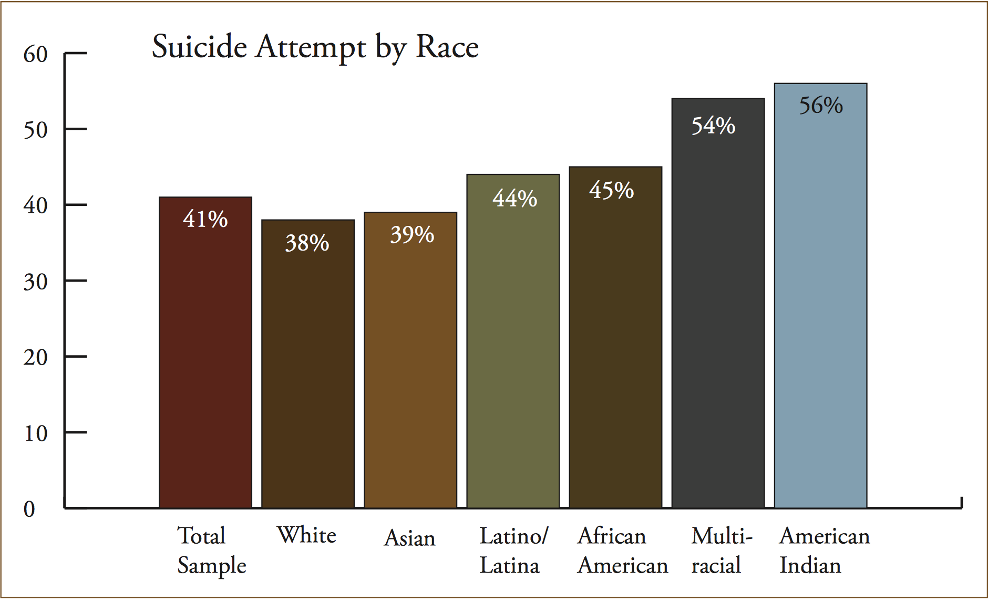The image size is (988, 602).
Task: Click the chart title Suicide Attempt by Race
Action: click(315, 47)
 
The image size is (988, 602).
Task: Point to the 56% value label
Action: click(821, 106)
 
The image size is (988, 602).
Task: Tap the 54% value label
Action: click(713, 126)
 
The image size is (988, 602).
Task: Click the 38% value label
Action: click(307, 243)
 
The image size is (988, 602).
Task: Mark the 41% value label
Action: click(205, 219)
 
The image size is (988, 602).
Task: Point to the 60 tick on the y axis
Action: click(35, 54)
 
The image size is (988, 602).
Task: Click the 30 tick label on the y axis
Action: click(35, 282)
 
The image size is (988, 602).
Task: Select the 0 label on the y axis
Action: click(29, 509)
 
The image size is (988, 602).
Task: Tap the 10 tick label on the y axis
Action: click(35, 433)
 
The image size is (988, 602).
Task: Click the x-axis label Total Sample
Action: click(211, 550)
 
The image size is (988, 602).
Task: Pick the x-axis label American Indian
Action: click(824, 550)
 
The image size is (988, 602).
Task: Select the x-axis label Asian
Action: click(409, 538)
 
